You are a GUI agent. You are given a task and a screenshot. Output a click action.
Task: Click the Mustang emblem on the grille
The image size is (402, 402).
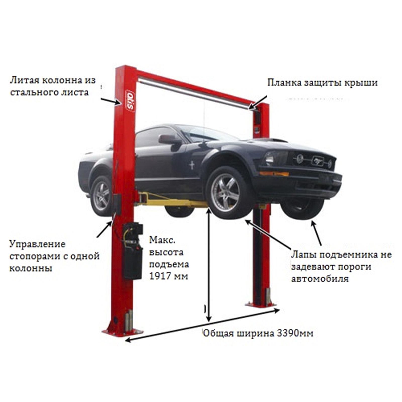(x=318, y=161)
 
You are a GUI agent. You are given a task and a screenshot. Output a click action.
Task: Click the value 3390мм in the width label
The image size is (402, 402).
(x=295, y=333)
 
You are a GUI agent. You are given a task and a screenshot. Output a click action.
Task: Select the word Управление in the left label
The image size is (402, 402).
(x=37, y=244)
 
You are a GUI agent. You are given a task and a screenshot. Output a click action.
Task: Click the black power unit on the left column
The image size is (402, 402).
(x=132, y=251)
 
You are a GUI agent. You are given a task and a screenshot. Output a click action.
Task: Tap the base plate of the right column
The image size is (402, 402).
(x=261, y=305)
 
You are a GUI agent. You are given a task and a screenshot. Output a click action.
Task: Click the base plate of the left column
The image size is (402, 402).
(x=122, y=332)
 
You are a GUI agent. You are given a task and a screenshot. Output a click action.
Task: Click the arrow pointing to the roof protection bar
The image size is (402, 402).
(x=257, y=103)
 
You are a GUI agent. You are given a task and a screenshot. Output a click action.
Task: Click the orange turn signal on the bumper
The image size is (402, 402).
(x=274, y=173)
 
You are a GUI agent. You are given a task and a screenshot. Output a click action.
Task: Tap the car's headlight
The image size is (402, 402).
(x=272, y=158)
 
